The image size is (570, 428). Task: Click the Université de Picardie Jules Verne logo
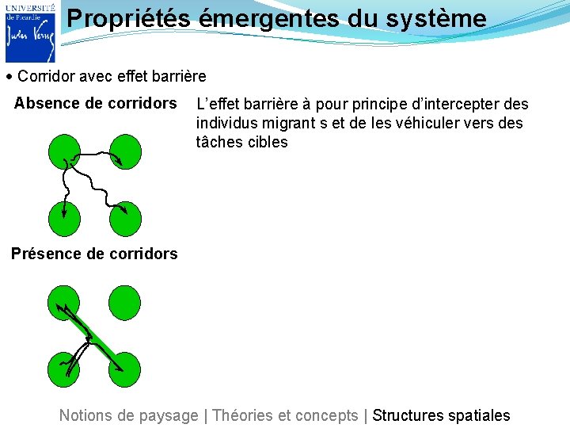click(x=30, y=32)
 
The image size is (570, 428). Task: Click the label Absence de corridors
click(x=95, y=103)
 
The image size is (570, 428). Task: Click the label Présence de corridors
click(x=94, y=254)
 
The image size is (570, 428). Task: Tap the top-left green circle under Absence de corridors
click(x=63, y=151)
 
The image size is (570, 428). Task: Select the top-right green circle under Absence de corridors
click(x=125, y=151)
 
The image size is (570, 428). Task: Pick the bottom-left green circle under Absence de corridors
click(x=63, y=220)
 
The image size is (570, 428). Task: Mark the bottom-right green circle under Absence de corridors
click(x=125, y=220)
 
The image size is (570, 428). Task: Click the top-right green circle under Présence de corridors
click(x=125, y=303)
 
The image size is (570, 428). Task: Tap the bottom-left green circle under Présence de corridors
click(x=63, y=370)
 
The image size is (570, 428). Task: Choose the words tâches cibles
click(x=241, y=143)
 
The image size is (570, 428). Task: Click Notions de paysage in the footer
click(x=129, y=415)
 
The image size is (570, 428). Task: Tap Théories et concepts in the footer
click(x=286, y=415)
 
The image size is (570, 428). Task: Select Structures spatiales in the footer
click(x=441, y=415)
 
